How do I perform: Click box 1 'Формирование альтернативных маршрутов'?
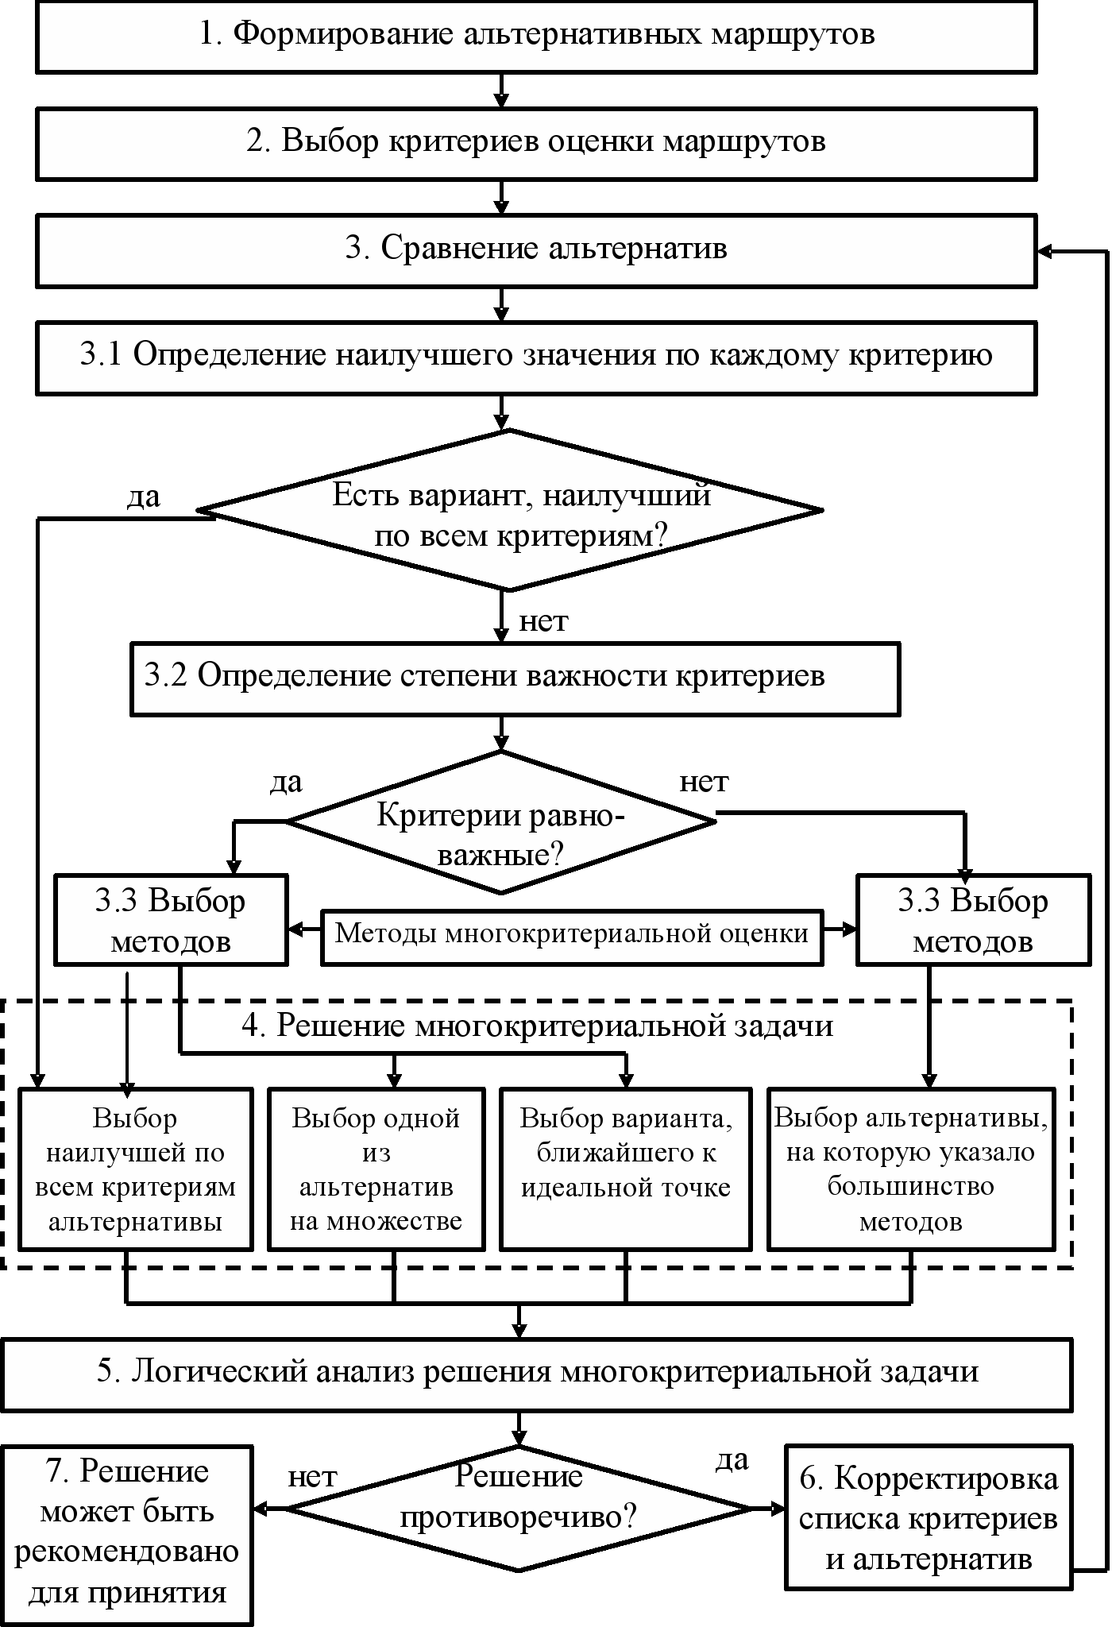click(536, 36)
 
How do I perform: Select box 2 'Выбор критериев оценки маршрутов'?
click(536, 143)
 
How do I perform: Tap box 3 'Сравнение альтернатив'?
click(536, 249)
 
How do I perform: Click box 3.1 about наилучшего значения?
click(536, 357)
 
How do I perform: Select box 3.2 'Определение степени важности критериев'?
click(515, 678)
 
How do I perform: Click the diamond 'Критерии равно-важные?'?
click(500, 823)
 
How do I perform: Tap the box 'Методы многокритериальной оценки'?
click(572, 937)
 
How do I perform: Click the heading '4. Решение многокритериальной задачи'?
click(537, 1026)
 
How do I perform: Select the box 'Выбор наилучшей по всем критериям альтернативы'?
click(135, 1169)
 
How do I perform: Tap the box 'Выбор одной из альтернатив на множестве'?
click(376, 1169)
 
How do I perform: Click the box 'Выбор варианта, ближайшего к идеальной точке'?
click(625, 1169)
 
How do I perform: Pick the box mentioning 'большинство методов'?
click(910, 1169)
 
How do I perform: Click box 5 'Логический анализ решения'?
click(537, 1374)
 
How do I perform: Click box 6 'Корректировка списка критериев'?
click(928, 1519)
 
